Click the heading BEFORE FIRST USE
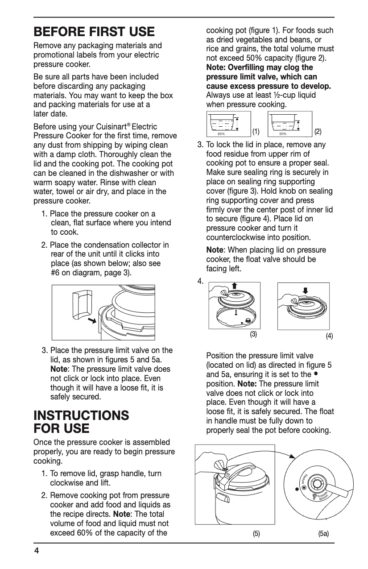(x=94, y=32)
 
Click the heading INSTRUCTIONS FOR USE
(x=82, y=422)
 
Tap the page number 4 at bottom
(x=37, y=550)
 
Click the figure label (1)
(x=256, y=131)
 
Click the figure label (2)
(x=318, y=131)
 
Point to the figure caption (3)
(x=253, y=334)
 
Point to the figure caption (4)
(x=329, y=336)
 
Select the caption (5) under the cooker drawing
(x=256, y=533)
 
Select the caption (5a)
(x=323, y=533)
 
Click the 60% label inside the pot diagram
(x=221, y=133)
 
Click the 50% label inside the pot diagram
(x=282, y=133)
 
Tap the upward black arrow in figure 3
(x=235, y=286)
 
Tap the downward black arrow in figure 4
(x=305, y=291)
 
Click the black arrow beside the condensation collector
(x=93, y=320)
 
